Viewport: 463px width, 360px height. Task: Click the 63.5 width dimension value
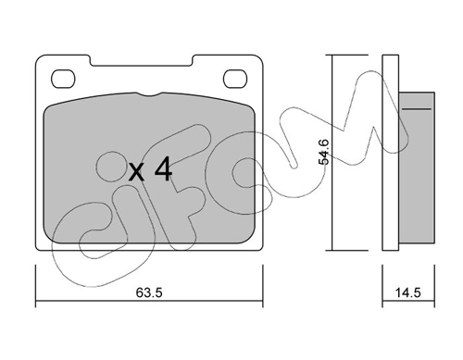coord(149,292)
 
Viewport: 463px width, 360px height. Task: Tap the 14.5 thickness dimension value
coord(408,292)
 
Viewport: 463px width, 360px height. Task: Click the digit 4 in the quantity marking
coord(163,168)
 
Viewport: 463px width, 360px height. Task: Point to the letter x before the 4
coord(136,172)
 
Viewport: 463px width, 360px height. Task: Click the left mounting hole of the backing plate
coord(63,79)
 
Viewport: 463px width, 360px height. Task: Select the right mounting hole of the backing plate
coord(235,79)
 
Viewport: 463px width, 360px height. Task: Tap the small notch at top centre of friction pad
coord(149,94)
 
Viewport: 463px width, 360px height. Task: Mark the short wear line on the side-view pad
coord(417,109)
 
